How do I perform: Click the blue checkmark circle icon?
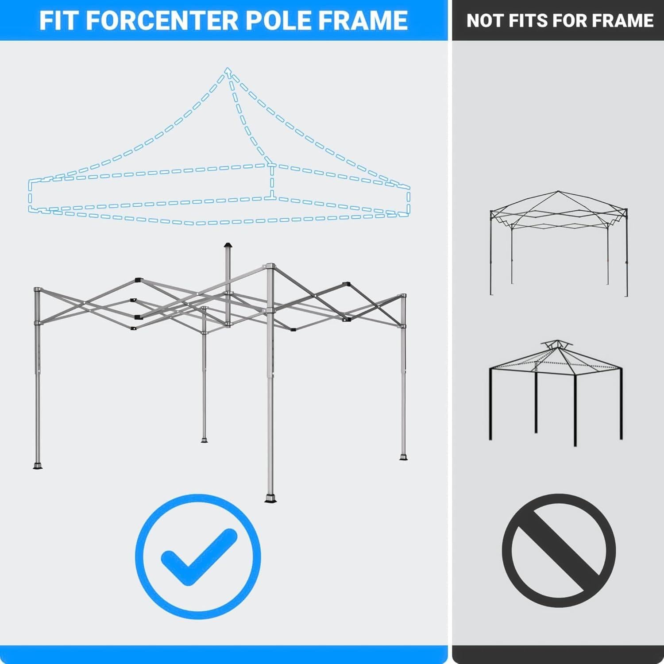click(x=198, y=556)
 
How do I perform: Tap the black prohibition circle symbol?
click(x=559, y=551)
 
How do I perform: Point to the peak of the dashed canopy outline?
click(x=228, y=70)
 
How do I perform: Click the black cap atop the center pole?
click(x=228, y=245)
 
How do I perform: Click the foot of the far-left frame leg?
click(x=38, y=466)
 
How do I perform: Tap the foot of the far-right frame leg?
click(x=403, y=457)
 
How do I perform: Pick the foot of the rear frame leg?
click(x=204, y=440)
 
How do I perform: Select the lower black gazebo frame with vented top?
click(x=556, y=394)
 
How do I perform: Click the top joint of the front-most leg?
click(x=270, y=266)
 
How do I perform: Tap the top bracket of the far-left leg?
click(x=37, y=290)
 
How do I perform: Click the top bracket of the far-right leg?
click(x=403, y=296)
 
